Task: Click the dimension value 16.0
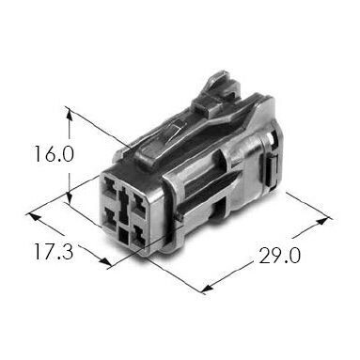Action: [x=55, y=154]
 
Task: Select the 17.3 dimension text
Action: [x=54, y=252]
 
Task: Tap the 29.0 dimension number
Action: [x=279, y=255]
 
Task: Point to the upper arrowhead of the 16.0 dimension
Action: [x=70, y=115]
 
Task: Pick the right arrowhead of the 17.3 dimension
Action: [x=105, y=262]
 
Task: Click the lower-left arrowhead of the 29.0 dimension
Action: [x=208, y=288]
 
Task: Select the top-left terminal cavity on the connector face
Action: [x=110, y=186]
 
